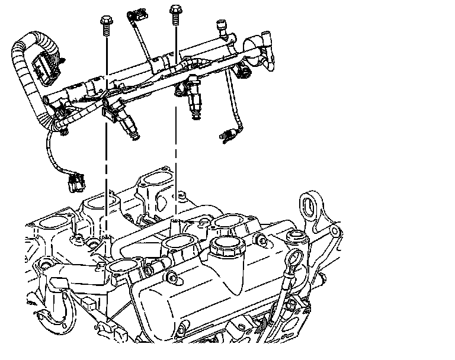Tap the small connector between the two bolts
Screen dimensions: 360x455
coord(138,14)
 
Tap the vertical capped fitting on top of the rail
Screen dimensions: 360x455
coord(221,28)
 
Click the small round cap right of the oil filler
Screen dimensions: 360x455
coord(294,237)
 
